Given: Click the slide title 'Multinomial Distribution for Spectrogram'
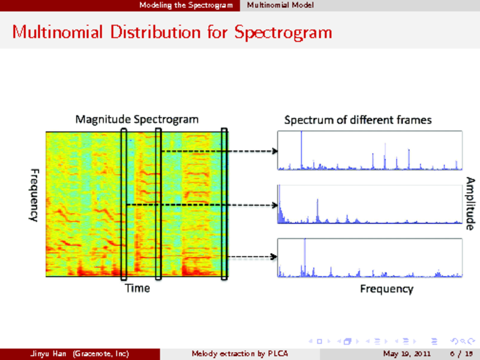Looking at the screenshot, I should (x=172, y=31).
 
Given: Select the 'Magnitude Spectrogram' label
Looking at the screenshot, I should (x=137, y=119).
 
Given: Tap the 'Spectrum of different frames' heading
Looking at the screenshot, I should (x=358, y=120).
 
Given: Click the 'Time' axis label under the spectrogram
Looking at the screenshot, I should (x=137, y=289).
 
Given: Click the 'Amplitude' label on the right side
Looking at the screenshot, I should (x=471, y=203).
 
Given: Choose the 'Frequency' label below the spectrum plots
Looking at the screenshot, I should (x=386, y=289).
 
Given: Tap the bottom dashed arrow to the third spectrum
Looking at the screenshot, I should (x=252, y=257).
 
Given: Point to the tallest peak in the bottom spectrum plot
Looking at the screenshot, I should (x=305, y=257).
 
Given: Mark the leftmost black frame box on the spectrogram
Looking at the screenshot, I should (x=124, y=204).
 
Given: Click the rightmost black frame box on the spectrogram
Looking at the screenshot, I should (x=224, y=204).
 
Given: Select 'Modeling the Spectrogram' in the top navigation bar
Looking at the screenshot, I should (x=185, y=5).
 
